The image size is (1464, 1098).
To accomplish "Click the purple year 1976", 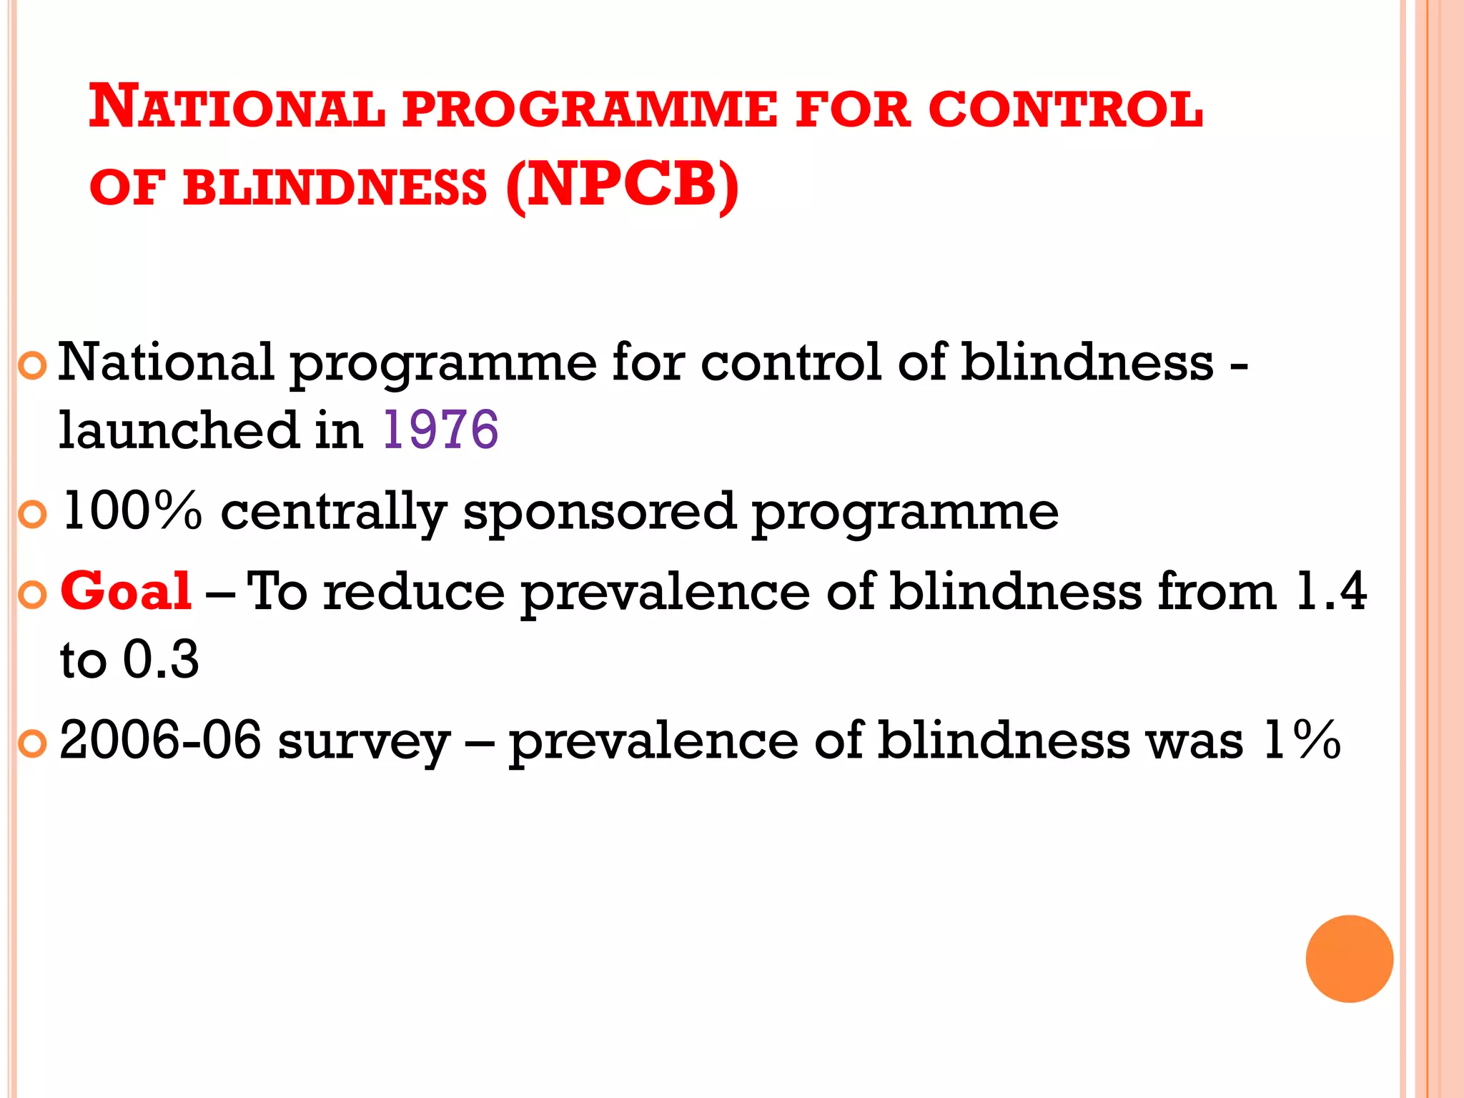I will pyautogui.click(x=440, y=430).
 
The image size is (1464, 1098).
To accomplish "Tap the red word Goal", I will pyautogui.click(x=126, y=592).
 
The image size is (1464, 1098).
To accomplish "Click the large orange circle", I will pyautogui.click(x=1349, y=959).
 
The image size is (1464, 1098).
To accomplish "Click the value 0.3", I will pyautogui.click(x=161, y=659).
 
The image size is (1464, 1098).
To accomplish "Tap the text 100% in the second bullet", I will pyautogui.click(x=132, y=512).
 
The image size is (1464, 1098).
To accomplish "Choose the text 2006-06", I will pyautogui.click(x=160, y=741).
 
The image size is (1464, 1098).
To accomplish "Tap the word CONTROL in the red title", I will pyautogui.click(x=1065, y=111).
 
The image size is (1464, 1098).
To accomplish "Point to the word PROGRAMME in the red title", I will pyautogui.click(x=589, y=111).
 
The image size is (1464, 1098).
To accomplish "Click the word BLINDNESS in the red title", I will pyautogui.click(x=335, y=188).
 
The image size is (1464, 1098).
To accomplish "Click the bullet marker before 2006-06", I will pyautogui.click(x=32, y=744).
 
